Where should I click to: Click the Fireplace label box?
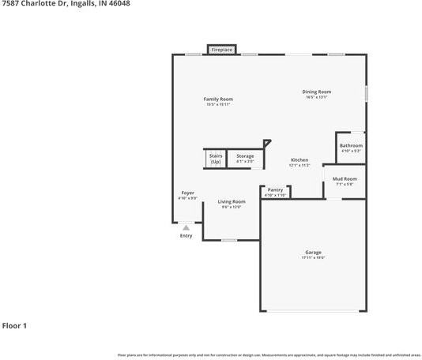221,50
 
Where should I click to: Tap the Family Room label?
218,99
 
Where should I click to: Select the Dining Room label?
316,92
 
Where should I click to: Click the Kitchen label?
299,159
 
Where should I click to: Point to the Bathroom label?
351,145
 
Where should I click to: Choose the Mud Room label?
345,179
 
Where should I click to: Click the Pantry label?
275,189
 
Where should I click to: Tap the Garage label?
313,252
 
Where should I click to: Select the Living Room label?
232,201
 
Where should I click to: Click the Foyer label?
187,193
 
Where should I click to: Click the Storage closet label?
245,156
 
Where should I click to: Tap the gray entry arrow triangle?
186,227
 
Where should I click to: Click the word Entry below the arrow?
186,235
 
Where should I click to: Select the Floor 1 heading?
14,325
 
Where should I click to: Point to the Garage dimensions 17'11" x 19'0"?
313,257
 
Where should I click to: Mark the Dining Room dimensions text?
316,97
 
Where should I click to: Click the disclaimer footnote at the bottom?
269,355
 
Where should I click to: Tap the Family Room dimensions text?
218,104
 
